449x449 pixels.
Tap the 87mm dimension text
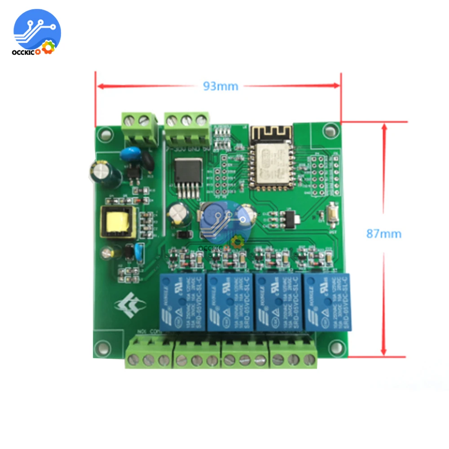383,234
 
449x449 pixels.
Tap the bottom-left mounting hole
104,347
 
